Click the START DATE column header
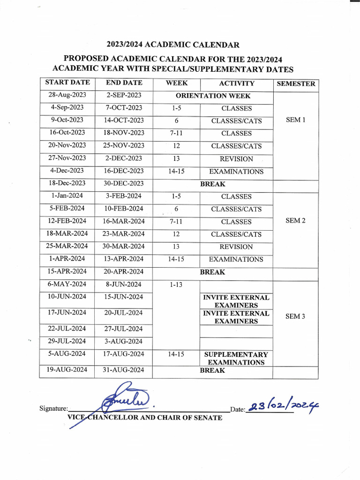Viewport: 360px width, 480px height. click(x=67, y=82)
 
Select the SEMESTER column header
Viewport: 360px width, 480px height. click(x=296, y=84)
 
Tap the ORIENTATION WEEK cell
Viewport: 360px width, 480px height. click(x=213, y=96)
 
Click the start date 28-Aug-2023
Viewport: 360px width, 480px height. click(x=67, y=95)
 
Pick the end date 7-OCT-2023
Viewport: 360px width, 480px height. click(x=124, y=108)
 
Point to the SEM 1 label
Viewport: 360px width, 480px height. click(x=295, y=120)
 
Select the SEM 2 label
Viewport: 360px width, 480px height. click(x=295, y=221)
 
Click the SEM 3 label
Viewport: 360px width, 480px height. click(x=295, y=316)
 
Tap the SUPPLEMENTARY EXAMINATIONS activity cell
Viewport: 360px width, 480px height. click(x=236, y=358)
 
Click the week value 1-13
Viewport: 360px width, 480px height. click(x=176, y=285)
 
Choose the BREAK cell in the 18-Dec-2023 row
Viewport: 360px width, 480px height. click(x=213, y=184)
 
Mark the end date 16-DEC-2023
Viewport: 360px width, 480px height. click(x=124, y=171)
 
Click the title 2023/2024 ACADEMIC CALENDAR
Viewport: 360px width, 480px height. click(x=173, y=45)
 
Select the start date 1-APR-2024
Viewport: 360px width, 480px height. click(x=67, y=259)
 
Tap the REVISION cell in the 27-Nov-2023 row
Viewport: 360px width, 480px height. click(x=236, y=159)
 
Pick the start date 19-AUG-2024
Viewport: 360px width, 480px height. click(x=67, y=370)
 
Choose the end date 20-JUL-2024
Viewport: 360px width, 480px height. click(x=124, y=313)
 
